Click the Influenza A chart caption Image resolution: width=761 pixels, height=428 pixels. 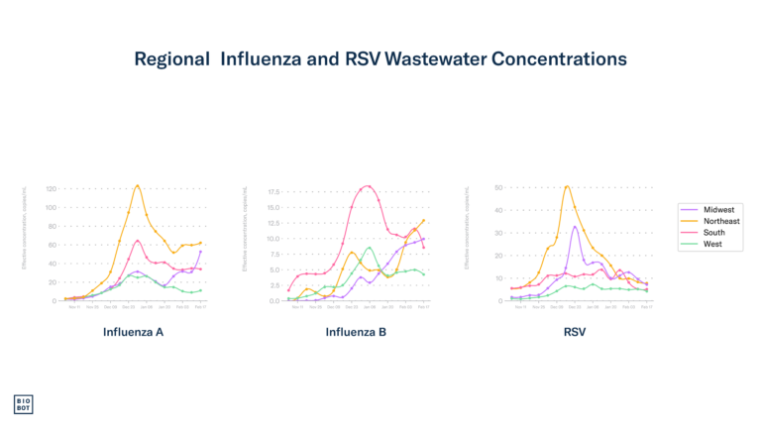coord(133,332)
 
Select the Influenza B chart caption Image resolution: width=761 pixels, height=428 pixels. coord(356,332)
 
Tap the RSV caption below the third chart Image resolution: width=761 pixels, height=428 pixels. coord(575,332)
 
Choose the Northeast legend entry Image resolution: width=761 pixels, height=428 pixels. coord(720,221)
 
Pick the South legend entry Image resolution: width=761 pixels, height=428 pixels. coord(713,233)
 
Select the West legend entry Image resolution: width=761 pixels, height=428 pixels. coord(711,244)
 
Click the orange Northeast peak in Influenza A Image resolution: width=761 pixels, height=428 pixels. coord(138,184)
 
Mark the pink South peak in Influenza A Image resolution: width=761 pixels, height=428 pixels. coord(138,241)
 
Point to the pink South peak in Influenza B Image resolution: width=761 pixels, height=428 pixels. coord(369,185)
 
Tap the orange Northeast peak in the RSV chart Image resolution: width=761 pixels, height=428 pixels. coord(567,185)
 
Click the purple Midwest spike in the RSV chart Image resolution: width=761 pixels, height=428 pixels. coord(575,227)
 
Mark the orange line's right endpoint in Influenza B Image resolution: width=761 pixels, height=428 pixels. coord(424,220)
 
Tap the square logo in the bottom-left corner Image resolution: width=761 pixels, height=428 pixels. coord(23,404)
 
